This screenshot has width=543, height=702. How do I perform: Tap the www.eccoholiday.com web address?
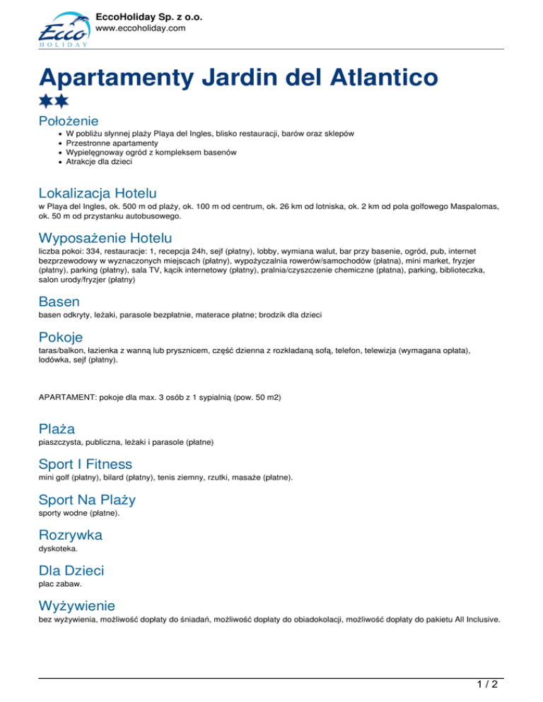(140, 28)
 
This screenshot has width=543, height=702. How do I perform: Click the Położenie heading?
(69, 121)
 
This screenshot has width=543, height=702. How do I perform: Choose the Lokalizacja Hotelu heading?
(98, 193)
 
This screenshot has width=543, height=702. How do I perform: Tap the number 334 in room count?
(101, 251)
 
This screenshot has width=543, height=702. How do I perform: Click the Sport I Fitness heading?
(86, 464)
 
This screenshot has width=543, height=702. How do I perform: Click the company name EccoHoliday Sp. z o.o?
(148, 15)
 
